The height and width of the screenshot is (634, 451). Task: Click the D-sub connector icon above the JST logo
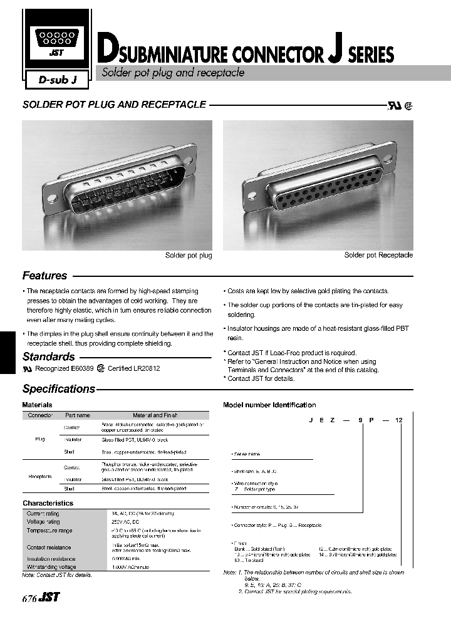pos(57,38)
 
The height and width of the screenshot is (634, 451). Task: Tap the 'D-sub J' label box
pos(58,80)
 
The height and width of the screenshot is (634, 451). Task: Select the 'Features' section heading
pos(44,276)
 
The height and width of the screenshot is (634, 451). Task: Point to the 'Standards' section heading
pos(48,356)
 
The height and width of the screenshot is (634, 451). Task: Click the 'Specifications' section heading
pos(58,388)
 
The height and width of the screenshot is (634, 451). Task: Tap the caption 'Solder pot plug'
pos(189,256)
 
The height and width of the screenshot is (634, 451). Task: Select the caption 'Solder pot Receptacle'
pos(378,256)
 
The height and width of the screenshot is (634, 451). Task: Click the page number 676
pos(29,598)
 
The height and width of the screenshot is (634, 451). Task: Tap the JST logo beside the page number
pos(49,598)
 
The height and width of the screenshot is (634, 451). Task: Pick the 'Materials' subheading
pos(37,405)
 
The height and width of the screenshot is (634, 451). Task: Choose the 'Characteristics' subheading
pos(48,503)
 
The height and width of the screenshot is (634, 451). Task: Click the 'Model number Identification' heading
pos(269,405)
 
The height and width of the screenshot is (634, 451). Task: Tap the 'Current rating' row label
pos(43,514)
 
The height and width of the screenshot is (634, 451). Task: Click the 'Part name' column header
pos(78,415)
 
